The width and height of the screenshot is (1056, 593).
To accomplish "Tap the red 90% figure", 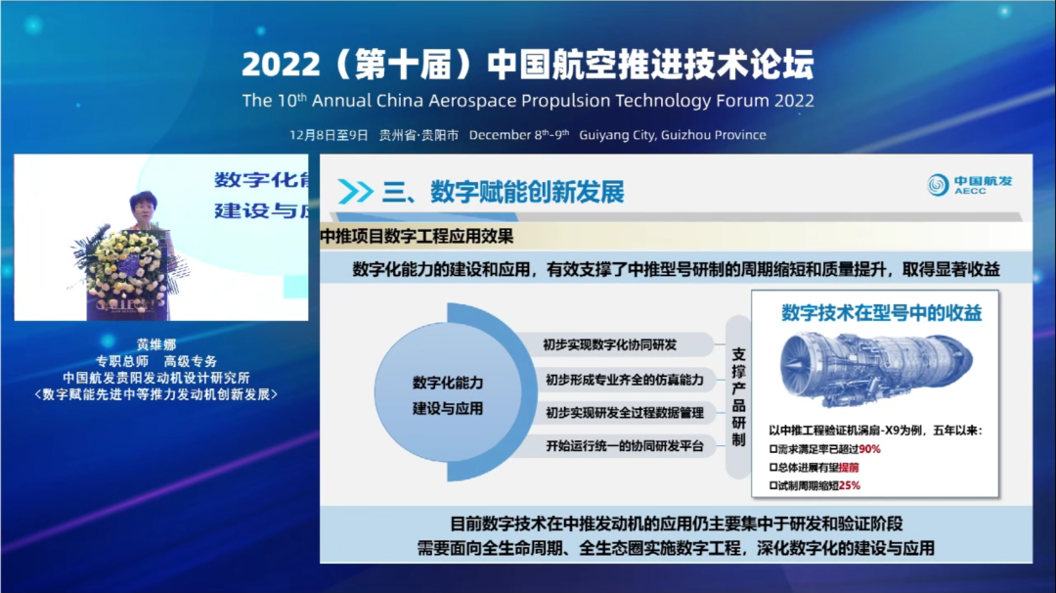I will click(870, 449).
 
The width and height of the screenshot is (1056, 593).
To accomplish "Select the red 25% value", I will click(849, 484).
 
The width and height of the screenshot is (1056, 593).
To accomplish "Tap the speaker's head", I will click(143, 207).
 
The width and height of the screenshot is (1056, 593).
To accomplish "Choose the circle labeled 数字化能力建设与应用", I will click(447, 395).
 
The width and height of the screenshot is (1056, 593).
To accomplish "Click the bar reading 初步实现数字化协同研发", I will click(610, 344).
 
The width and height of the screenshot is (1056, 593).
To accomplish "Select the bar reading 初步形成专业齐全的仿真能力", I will click(624, 379).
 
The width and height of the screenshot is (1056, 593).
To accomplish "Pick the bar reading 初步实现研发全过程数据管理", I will click(624, 413).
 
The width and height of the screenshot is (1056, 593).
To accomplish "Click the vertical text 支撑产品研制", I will click(739, 395).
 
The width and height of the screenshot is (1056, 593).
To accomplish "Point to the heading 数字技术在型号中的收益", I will click(881, 313).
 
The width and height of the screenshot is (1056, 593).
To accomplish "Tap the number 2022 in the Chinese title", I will click(280, 66).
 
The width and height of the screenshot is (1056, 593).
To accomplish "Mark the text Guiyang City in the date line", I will click(616, 135).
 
